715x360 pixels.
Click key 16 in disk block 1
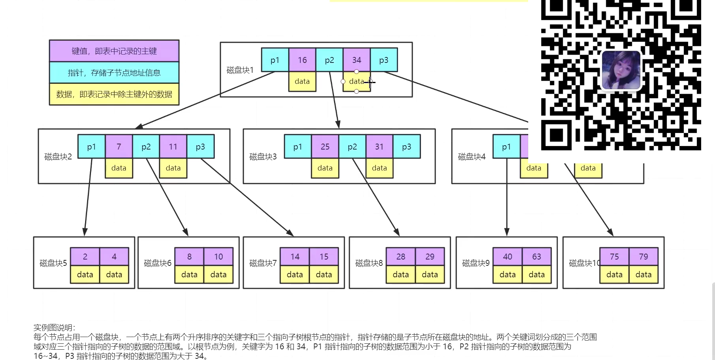tap(302, 60)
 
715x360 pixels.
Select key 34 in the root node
tap(357, 60)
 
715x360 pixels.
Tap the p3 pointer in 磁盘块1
tap(384, 60)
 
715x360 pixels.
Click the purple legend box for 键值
tap(114, 51)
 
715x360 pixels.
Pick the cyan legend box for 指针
tap(114, 73)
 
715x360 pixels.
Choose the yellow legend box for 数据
tap(114, 94)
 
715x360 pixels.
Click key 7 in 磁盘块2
tap(119, 147)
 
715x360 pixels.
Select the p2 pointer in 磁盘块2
tap(146, 147)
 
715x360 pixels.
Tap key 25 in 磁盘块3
tap(325, 147)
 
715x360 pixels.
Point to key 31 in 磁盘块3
tap(379, 147)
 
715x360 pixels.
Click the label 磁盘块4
tap(471, 157)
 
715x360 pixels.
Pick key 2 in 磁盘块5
tap(85, 257)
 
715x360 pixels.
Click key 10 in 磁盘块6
tap(218, 257)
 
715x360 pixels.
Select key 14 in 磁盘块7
tap(295, 257)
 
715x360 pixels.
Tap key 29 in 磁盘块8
tap(430, 257)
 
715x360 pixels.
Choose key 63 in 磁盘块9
tap(537, 257)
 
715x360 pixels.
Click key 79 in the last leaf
tap(643, 257)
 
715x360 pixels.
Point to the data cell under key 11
tap(173, 168)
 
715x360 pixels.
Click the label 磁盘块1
tap(240, 70)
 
